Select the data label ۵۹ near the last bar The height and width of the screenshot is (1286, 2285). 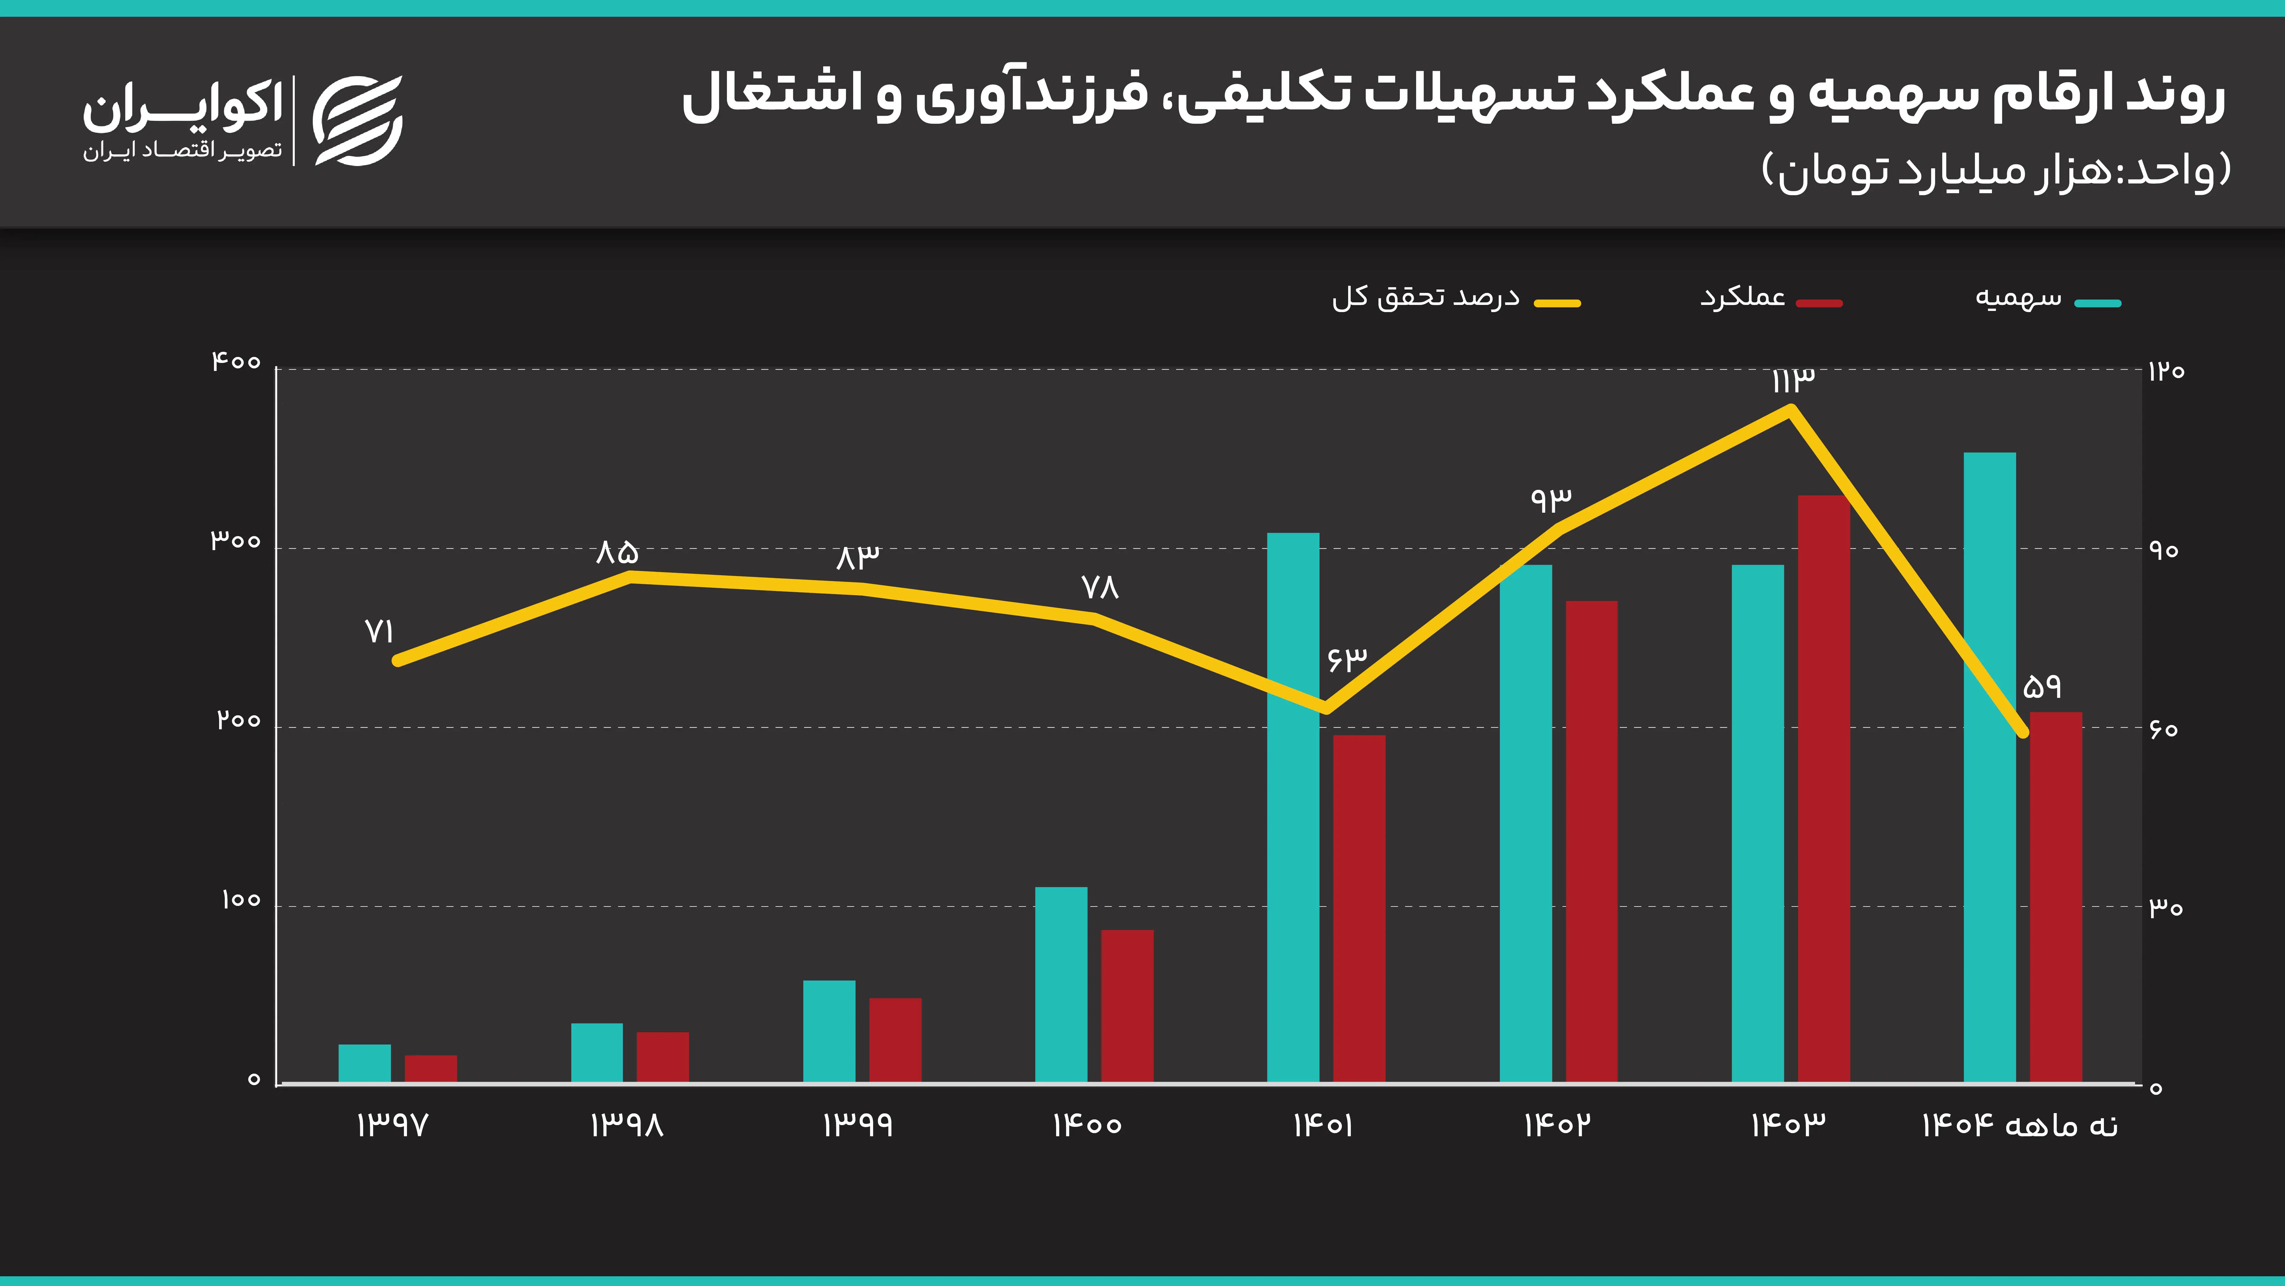pyautogui.click(x=2042, y=686)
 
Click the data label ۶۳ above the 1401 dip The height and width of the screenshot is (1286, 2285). pyautogui.click(x=1346, y=658)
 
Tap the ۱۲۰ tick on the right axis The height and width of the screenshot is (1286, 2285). pyautogui.click(x=2165, y=371)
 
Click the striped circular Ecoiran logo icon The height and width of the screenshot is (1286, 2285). pyautogui.click(x=358, y=121)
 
